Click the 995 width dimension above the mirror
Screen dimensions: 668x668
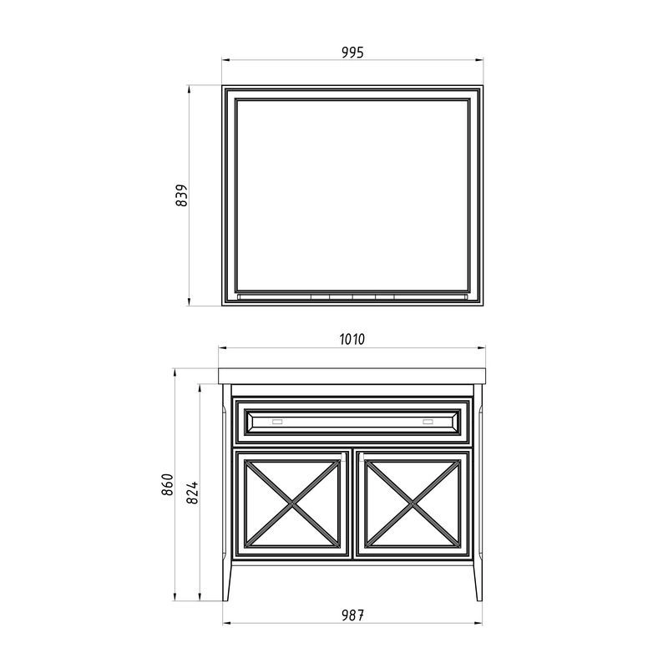pos(352,53)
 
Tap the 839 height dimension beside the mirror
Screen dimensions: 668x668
pos(181,195)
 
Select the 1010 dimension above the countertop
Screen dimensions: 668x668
pos(352,339)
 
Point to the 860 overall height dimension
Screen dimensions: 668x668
pos(168,484)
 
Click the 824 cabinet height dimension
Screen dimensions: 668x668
pos(193,493)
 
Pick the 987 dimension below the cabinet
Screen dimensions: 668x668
pos(352,615)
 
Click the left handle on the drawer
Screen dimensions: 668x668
pos(277,422)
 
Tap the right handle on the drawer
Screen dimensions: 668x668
pos(428,422)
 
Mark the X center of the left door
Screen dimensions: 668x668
pos(292,504)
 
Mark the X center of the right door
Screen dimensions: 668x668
pos(412,504)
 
